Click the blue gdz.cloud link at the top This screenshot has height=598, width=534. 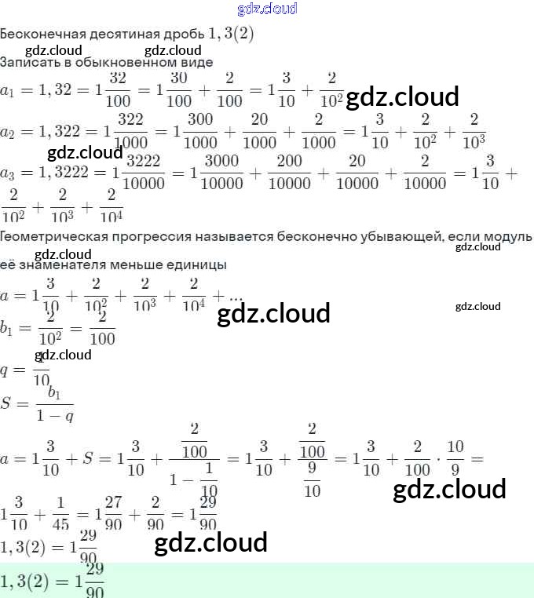[x=266, y=9]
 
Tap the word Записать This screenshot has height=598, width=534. [x=28, y=61]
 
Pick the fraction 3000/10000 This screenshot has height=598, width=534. [x=221, y=172]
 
